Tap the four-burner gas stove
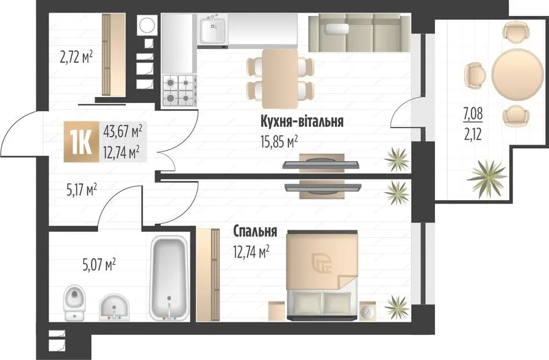point(179,90)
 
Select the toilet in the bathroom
point(75,303)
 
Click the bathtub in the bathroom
point(168,278)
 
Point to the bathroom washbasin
point(114,307)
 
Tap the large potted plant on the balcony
point(487,179)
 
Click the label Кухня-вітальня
point(302,121)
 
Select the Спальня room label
point(255,231)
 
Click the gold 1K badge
point(82,142)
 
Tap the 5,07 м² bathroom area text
point(99,265)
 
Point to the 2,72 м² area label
point(76,57)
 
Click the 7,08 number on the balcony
point(473,114)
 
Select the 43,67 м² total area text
point(123,131)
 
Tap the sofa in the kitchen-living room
point(359,32)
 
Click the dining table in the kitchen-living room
point(280,79)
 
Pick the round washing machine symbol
point(146,25)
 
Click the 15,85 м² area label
point(279,142)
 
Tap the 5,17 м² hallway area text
point(82,190)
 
